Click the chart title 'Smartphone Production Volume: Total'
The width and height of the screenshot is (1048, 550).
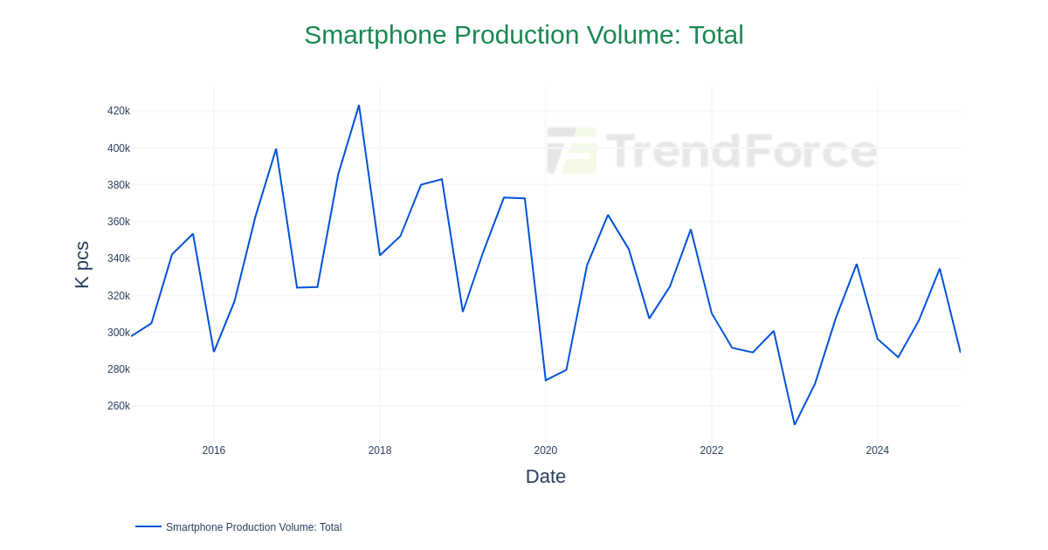[523, 35]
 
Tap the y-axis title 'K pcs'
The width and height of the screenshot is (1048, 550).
[82, 265]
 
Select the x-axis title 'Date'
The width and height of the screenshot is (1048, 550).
[545, 477]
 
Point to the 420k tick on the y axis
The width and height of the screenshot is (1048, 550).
[119, 111]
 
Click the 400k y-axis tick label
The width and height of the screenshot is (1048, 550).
[119, 148]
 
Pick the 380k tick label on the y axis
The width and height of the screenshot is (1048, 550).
[119, 185]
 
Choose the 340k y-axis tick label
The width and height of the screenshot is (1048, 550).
[119, 258]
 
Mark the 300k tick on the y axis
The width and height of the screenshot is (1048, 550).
[119, 333]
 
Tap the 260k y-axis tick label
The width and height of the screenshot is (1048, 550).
[119, 406]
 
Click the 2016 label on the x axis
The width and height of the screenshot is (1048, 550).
[214, 450]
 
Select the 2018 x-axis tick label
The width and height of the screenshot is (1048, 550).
[380, 450]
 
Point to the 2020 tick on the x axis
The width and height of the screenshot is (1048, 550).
[546, 450]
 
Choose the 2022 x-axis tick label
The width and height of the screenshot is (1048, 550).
[712, 450]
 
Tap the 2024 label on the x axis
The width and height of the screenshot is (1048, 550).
[878, 450]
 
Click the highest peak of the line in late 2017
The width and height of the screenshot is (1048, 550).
[359, 106]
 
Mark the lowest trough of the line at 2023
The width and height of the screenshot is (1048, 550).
[795, 424]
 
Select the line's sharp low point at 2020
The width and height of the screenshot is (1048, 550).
[546, 380]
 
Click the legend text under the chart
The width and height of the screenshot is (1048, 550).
[253, 527]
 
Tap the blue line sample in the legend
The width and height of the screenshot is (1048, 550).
[148, 526]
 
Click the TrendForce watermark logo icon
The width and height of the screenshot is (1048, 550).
[572, 150]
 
